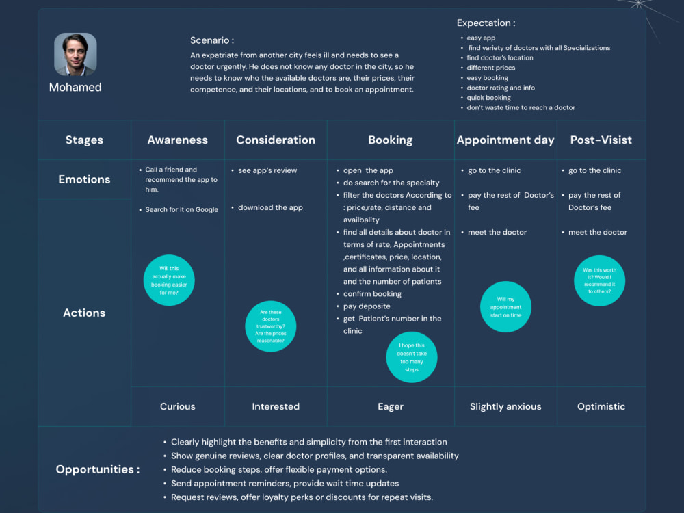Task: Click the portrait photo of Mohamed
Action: [75, 54]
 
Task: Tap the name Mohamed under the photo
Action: [75, 88]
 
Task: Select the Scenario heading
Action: [212, 40]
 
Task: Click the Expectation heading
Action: [486, 23]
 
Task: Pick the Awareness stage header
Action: [178, 140]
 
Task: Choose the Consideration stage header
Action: [276, 140]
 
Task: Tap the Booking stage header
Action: [391, 140]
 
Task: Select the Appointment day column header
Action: [505, 140]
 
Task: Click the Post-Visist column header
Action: [601, 140]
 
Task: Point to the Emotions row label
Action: [84, 179]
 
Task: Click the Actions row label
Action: [84, 313]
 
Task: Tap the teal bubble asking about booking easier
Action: [169, 280]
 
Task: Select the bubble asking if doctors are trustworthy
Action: [270, 326]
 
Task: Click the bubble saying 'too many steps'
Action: [412, 357]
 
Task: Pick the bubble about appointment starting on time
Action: [505, 306]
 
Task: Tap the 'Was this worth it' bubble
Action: [599, 280]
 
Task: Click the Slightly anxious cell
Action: [505, 406]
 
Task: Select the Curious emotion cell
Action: [178, 406]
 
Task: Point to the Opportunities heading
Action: [98, 469]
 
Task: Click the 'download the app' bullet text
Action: [270, 208]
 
